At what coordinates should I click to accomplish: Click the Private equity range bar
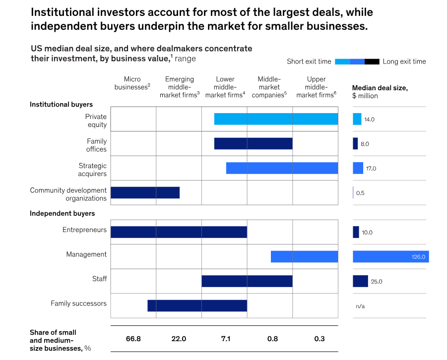[x=276, y=119]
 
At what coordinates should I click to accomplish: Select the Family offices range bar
[x=253, y=143]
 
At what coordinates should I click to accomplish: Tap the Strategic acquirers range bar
[x=282, y=168]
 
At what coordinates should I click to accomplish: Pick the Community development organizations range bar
[x=145, y=192]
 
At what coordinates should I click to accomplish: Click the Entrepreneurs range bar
[x=179, y=232]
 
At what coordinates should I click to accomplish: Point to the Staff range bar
[x=247, y=281]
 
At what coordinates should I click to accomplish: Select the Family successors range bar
[x=197, y=305]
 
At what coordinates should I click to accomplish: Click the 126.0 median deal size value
[x=418, y=257]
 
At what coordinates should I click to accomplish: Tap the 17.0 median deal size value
[x=371, y=169]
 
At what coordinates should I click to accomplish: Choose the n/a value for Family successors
[x=360, y=306]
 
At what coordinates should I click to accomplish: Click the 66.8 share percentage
[x=133, y=339]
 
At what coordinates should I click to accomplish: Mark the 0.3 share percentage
[x=319, y=339]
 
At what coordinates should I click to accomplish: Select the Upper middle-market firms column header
[x=316, y=87]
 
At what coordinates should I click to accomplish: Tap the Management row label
[x=86, y=254]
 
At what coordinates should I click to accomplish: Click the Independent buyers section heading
[x=62, y=214]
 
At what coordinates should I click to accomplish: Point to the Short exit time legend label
[x=309, y=61]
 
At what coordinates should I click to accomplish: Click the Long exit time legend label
[x=404, y=61]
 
